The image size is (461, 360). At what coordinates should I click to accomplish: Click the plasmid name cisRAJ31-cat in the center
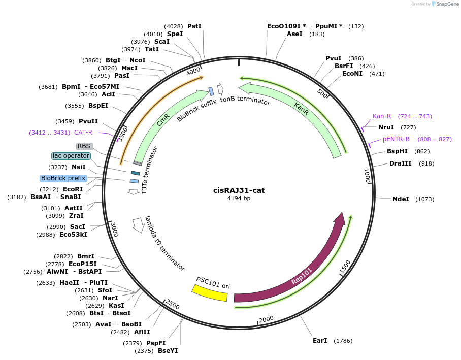tap(239, 190)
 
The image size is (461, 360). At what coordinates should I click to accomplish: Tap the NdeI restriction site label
tap(401, 199)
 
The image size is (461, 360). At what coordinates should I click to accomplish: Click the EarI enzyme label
tap(320, 340)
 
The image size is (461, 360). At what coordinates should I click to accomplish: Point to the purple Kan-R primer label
tap(382, 116)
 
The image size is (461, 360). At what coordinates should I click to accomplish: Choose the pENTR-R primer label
tap(396, 139)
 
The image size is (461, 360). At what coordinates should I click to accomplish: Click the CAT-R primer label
tap(83, 133)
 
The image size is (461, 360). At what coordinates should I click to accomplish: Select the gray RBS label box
tap(84, 146)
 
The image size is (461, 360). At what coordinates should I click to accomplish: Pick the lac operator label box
tap(71, 156)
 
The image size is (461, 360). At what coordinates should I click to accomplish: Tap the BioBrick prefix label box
tap(63, 178)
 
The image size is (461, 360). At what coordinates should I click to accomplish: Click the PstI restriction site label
tap(194, 26)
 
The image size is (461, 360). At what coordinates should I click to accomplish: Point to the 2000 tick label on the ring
tap(266, 319)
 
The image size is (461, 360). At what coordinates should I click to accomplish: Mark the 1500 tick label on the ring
tap(345, 268)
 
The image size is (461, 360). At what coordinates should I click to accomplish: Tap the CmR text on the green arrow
tap(163, 120)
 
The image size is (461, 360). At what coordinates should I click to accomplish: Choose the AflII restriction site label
tap(142, 332)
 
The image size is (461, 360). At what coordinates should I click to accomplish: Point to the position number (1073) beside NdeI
tap(424, 199)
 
